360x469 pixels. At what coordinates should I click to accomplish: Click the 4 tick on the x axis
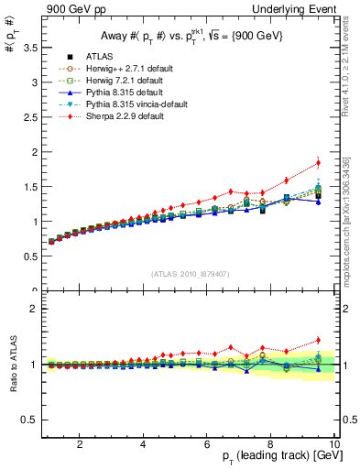(144, 445)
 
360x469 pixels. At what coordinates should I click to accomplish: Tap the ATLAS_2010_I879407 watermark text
(190, 274)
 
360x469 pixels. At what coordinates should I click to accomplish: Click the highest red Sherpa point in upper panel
(318, 163)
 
